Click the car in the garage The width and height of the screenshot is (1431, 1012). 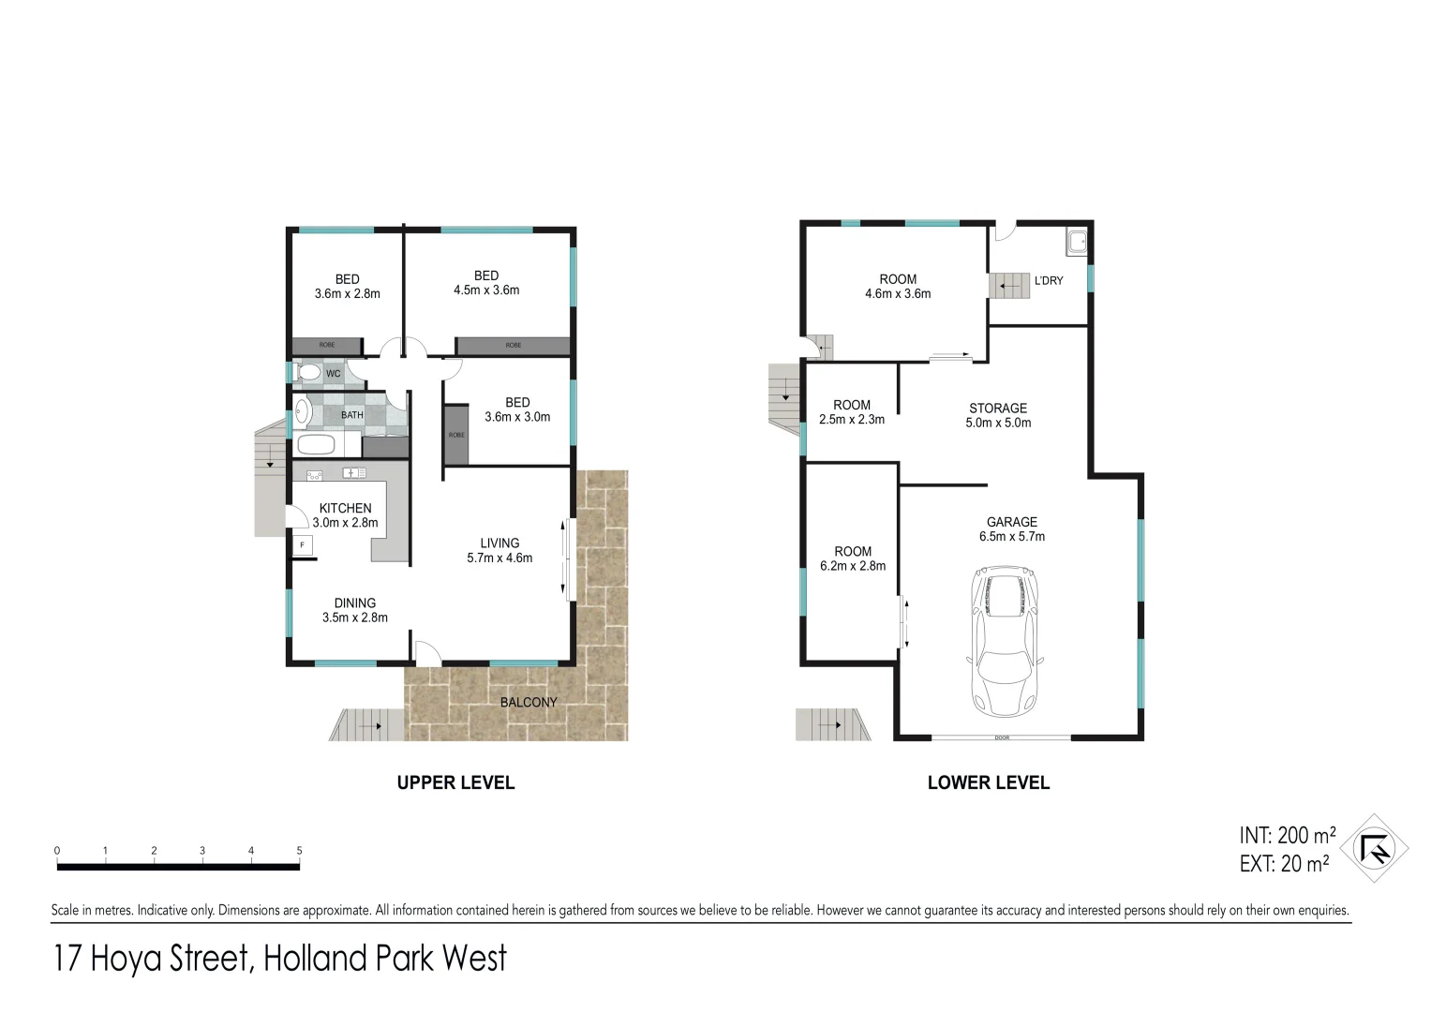coord(1004,640)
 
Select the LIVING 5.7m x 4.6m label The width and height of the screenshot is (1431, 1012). coord(499,550)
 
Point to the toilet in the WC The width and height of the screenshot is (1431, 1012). coord(308,373)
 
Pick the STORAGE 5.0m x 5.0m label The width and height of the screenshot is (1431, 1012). coord(998,415)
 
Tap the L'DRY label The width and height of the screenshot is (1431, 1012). coord(1049,280)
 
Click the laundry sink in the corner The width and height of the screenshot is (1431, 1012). coord(1076,243)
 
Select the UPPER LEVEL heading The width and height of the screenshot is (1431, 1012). coord(455,782)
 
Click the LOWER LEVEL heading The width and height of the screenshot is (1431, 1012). coord(988,782)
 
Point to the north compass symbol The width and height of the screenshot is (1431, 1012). coord(1374,849)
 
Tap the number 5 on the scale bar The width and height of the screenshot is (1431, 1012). coord(300,851)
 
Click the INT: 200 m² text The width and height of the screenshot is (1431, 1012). coord(1287,835)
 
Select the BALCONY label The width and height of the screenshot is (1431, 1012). coord(529,702)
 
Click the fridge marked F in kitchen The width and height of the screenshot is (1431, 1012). coord(302,545)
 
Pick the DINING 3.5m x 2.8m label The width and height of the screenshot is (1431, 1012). coord(355,610)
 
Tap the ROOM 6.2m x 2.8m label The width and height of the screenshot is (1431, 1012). coord(853,558)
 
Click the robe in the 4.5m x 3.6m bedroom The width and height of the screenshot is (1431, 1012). coord(513,346)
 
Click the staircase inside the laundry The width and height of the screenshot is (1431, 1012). coord(1010,286)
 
